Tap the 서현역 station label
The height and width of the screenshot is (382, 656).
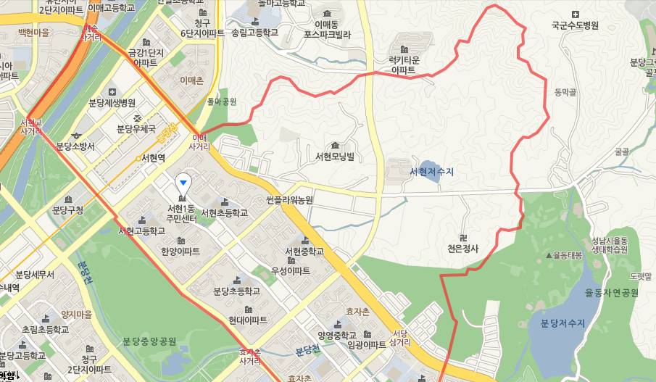coord(152,157)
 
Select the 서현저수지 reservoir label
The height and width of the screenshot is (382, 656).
coord(431,172)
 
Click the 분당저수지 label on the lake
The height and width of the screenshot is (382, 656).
coord(562,323)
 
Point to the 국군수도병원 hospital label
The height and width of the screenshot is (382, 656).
coord(575,25)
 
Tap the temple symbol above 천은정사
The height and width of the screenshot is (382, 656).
coord(462,237)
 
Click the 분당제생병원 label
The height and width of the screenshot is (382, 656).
coord(112,102)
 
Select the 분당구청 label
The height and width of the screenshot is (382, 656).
coord(68,211)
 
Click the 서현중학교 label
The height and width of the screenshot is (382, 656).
coord(304,252)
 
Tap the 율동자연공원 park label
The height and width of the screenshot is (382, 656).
coord(611,293)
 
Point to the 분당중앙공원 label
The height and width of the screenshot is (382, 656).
coord(149,341)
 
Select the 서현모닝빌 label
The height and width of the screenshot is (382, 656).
coord(335,157)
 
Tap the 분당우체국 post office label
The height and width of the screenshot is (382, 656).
coord(136,129)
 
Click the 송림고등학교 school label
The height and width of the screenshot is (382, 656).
coord(254,33)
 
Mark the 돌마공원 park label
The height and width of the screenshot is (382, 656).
coord(222,101)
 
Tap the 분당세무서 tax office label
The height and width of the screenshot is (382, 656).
coord(35,275)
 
